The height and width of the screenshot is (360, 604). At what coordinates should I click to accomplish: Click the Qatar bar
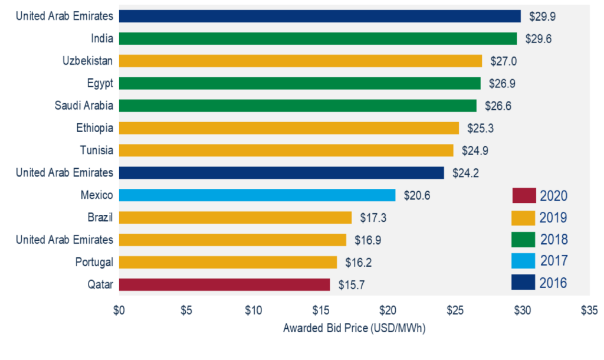pos(224,284)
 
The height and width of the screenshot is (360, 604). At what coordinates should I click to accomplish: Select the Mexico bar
pos(257,195)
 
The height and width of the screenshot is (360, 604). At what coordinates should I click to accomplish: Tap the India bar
pos(317,38)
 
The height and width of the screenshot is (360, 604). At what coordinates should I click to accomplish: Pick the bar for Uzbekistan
pos(300,61)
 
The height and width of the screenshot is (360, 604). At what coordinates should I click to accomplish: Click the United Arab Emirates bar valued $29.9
pos(319,16)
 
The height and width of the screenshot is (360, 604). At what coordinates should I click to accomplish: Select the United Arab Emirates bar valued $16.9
pos(232,240)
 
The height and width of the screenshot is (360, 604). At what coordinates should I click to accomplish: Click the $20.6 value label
pos(416,195)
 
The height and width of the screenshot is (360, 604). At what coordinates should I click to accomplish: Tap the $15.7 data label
pos(352,285)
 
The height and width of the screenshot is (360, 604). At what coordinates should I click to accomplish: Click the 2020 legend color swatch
pos(523,195)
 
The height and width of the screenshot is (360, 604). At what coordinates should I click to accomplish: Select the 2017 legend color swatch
pos(523,261)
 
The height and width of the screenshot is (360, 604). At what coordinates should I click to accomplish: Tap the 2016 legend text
pos(553,283)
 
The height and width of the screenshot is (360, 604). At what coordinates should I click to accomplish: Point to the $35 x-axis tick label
pos(589,310)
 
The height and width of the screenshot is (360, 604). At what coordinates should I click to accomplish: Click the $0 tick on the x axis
pos(119,310)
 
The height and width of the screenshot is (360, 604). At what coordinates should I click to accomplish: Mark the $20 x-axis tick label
pos(388,310)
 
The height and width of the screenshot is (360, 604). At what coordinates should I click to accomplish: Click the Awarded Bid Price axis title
pos(354,328)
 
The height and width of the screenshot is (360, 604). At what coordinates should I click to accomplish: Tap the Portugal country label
pos(94,262)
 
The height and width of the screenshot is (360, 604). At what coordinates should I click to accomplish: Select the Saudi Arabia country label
pos(84,106)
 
